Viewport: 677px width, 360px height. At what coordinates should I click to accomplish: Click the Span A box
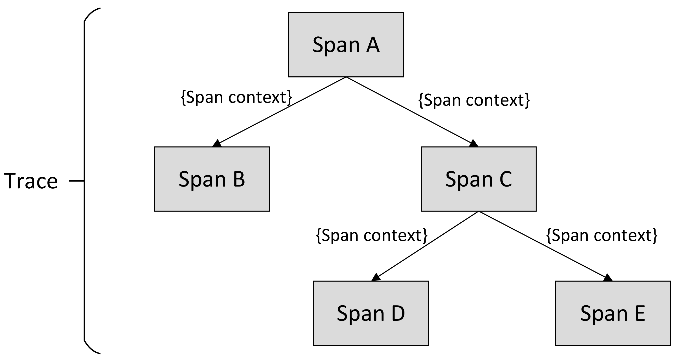(x=346, y=45)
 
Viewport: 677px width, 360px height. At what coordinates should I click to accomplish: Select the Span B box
(x=212, y=179)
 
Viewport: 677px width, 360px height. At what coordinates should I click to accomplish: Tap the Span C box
(x=478, y=179)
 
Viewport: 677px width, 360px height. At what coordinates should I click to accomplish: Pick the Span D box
(x=371, y=313)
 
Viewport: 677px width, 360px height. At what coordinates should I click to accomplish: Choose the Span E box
(x=613, y=313)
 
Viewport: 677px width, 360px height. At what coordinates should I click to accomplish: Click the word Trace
(x=31, y=181)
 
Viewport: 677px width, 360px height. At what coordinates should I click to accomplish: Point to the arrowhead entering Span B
(x=217, y=144)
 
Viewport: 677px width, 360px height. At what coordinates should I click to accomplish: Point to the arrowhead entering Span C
(x=473, y=144)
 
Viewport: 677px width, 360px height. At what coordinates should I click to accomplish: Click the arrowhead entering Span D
(x=376, y=278)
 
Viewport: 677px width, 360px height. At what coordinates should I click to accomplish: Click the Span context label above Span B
(x=236, y=98)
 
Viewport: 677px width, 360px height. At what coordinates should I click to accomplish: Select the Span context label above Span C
(x=474, y=100)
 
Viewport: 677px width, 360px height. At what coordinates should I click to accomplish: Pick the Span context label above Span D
(x=372, y=235)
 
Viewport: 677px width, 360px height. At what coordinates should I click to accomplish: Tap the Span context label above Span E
(x=602, y=235)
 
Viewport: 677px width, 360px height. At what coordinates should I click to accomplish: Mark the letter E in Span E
(x=640, y=313)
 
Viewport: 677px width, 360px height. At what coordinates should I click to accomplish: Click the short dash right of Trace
(x=76, y=181)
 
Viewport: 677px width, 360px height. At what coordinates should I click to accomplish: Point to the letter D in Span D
(x=398, y=313)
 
